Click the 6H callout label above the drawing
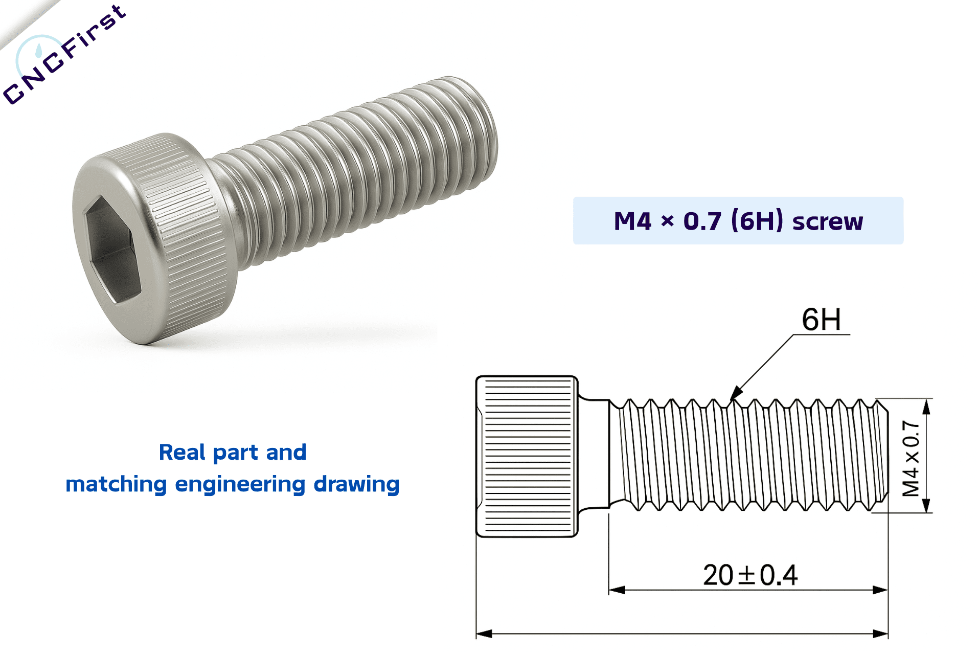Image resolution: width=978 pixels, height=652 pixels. coord(821,320)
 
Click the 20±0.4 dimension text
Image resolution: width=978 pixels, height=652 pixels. coord(750,575)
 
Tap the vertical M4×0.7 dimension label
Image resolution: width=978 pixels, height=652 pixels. coord(911,458)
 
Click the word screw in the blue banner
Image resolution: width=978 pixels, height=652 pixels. coord(827,221)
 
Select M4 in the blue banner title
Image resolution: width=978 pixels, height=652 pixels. coord(632,221)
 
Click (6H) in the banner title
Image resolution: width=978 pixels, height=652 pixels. coord(757,221)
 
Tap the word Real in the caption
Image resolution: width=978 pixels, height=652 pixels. coord(181,453)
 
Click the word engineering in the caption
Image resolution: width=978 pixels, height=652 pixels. coord(240,484)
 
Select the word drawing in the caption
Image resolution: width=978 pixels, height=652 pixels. coord(356,484)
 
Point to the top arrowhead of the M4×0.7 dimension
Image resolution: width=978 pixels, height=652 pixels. coord(926,407)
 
